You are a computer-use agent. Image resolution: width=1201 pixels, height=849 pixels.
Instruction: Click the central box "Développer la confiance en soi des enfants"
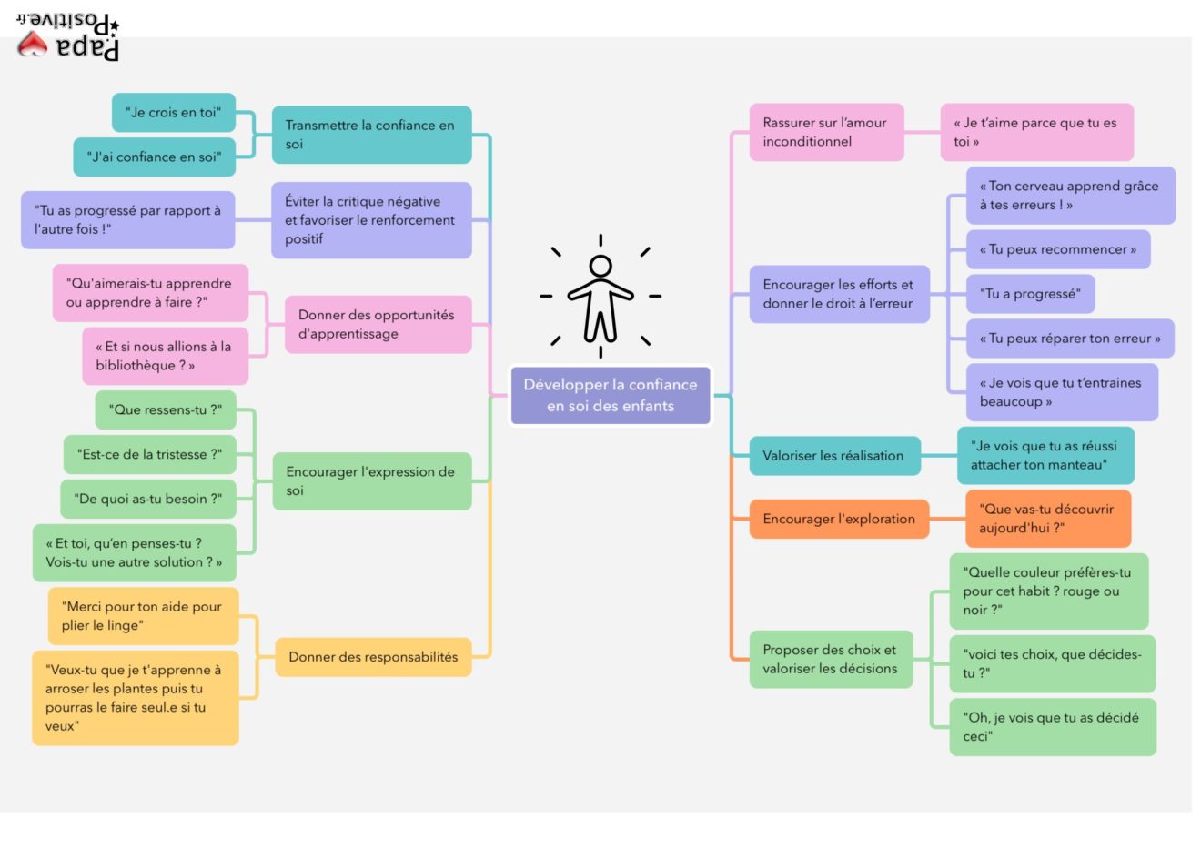pos(610,396)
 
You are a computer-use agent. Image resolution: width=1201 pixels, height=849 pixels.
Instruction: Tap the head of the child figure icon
pos(600,266)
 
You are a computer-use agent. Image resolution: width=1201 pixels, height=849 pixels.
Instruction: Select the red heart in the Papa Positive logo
pos(33,44)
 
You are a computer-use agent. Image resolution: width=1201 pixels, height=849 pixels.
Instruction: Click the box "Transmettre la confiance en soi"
pos(371,135)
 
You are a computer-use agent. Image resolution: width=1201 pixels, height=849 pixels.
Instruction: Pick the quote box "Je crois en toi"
pos(174,113)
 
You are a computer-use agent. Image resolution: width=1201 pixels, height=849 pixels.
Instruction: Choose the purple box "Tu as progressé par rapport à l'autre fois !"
pos(127,220)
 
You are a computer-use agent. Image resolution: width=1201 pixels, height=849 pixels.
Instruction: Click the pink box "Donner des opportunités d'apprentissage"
pos(378,325)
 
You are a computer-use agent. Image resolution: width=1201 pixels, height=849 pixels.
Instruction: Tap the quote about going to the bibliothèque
pos(165,356)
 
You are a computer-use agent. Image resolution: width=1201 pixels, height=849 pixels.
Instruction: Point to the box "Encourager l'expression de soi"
pos(372,481)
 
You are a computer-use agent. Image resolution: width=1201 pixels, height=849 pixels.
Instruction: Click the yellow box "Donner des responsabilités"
pos(373,657)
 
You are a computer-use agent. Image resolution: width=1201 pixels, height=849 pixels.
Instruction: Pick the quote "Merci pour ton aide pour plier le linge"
pos(143,616)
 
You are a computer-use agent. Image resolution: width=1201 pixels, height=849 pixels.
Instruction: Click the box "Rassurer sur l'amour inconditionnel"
pos(826,132)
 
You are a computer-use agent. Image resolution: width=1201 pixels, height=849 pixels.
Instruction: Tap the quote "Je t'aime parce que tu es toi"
pos(1036,132)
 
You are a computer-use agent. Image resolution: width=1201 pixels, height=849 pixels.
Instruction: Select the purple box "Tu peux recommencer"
pos(1057,249)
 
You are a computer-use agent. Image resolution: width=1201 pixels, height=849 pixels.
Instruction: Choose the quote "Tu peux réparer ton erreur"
pos(1069,339)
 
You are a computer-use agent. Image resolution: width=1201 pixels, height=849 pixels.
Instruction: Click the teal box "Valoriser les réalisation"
pos(833,456)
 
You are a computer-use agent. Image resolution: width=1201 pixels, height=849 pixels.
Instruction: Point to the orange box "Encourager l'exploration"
pos(839,520)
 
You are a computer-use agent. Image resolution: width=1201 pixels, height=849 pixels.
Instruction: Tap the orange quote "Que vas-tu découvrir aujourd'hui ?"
pos(1047,519)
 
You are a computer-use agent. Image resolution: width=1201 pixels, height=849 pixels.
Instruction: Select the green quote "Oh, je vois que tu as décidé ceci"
pos(1052,727)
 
